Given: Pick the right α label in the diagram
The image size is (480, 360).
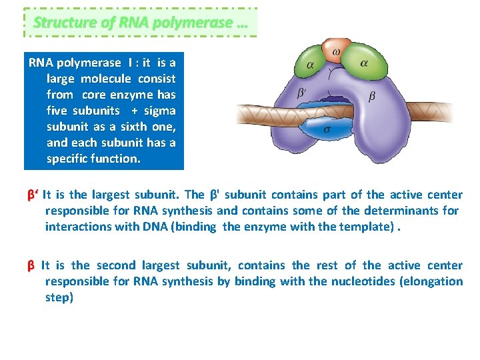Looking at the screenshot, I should [364, 63].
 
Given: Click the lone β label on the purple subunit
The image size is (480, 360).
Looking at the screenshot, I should [372, 96].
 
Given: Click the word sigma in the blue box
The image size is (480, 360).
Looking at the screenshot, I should [161, 111].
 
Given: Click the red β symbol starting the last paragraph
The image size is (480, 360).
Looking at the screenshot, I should [31, 265].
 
